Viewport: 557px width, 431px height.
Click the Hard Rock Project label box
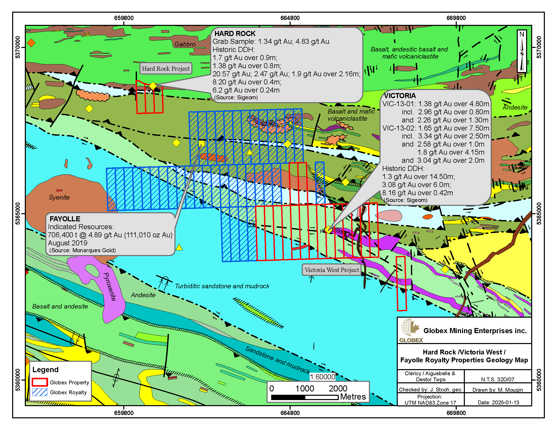pos(166,68)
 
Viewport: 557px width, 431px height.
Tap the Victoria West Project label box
pos(332,270)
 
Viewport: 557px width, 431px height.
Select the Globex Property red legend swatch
pos(39,382)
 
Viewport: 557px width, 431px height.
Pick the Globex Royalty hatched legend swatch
pos(39,392)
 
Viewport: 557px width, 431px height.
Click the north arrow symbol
pos(522,51)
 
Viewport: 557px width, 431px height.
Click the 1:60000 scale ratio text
pos(322,377)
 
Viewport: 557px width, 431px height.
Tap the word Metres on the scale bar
pos(353,397)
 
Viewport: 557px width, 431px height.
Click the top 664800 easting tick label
pos(290,18)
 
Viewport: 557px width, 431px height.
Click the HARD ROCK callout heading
pos(235,33)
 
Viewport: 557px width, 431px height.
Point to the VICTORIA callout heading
pos(400,96)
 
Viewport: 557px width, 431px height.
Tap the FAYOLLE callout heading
pos(65,219)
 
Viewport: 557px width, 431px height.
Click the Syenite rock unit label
pos(59,197)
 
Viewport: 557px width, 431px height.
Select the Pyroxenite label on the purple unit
pos(110,286)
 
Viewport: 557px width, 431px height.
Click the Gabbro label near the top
pos(185,44)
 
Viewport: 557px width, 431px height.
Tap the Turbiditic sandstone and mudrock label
pos(222,286)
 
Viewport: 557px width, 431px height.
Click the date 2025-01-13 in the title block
pos(498,402)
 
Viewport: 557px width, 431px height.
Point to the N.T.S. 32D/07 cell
pos(498,380)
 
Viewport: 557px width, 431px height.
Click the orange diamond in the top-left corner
pos(31,43)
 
